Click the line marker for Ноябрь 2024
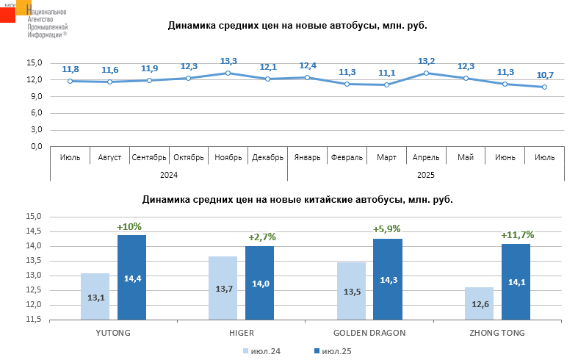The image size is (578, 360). tap(228, 73)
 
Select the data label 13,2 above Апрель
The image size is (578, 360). tap(426, 61)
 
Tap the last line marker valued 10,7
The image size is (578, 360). tap(544, 87)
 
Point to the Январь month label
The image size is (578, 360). tap(307, 157)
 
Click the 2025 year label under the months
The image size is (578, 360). tap(426, 175)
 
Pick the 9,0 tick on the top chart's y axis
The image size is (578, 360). tap(35, 96)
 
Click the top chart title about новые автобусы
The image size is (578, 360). tap(297, 26)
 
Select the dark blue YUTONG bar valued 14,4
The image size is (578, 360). tap(131, 278)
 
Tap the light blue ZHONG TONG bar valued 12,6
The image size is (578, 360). tap(479, 303)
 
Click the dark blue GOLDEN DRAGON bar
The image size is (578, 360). tap(387, 279)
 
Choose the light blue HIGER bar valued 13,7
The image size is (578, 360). tap(223, 288)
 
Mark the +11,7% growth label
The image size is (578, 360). tap(517, 235)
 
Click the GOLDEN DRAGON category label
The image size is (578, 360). tap(369, 333)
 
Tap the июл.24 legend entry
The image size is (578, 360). tap(262, 351)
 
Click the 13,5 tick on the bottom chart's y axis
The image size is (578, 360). tap(35, 261)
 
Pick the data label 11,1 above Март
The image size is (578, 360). tap(386, 73)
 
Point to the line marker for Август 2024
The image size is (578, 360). tap(109, 82)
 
